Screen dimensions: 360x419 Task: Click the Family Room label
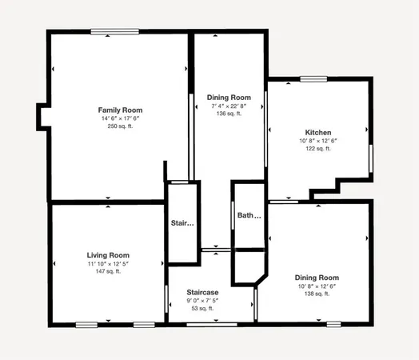(120, 109)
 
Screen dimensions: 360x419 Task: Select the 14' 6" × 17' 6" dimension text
(120, 118)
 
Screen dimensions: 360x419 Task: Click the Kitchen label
(318, 132)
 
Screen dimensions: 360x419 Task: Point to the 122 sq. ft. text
(318, 150)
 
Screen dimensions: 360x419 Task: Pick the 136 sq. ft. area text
(229, 114)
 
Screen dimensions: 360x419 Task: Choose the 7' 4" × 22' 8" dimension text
(229, 105)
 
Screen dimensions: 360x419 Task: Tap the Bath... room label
(249, 215)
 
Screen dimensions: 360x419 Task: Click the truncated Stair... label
(182, 222)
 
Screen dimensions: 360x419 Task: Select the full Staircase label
(202, 292)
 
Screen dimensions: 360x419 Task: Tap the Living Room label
(108, 254)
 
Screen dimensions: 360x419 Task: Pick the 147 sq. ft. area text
(108, 272)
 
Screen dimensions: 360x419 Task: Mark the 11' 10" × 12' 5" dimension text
(108, 263)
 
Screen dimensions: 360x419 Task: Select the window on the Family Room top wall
(116, 32)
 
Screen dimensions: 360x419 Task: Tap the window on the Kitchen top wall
(313, 78)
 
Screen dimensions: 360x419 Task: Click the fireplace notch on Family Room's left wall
(42, 117)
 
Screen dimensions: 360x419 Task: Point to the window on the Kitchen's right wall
(372, 158)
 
